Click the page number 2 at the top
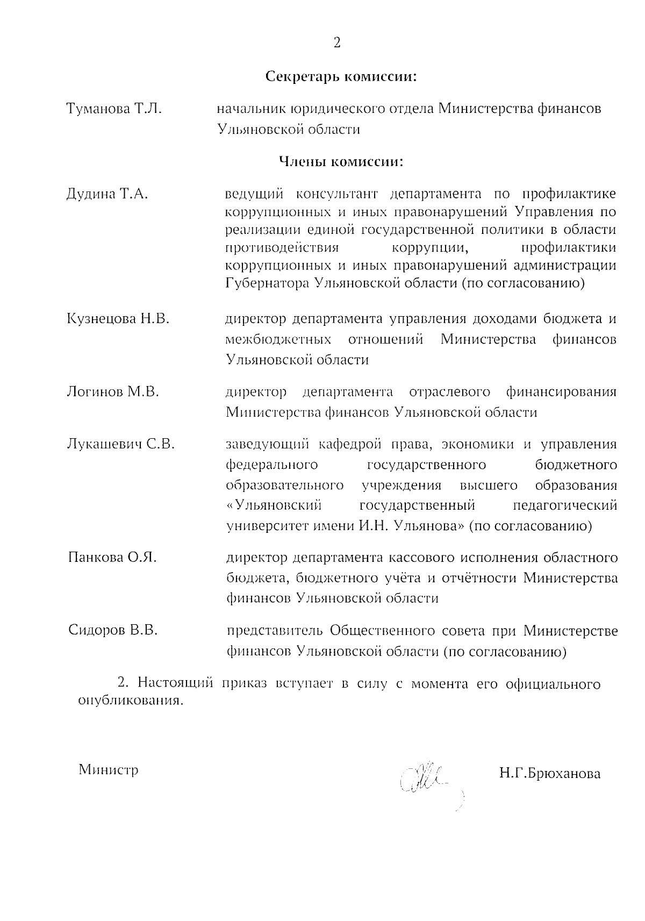tap(337, 43)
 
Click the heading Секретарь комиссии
tap(342, 76)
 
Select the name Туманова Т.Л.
tap(114, 109)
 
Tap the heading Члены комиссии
tap(341, 161)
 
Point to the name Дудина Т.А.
tap(107, 194)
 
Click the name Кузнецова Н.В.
tap(118, 319)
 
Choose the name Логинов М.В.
tap(112, 392)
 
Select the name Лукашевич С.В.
tap(120, 444)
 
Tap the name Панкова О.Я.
tap(112, 557)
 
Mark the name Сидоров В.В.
tap(113, 630)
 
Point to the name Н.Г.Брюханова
tap(549, 774)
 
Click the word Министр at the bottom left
tap(109, 770)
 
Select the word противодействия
tap(282, 248)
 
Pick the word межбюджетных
tap(278, 340)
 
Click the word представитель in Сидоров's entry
tap(274, 631)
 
